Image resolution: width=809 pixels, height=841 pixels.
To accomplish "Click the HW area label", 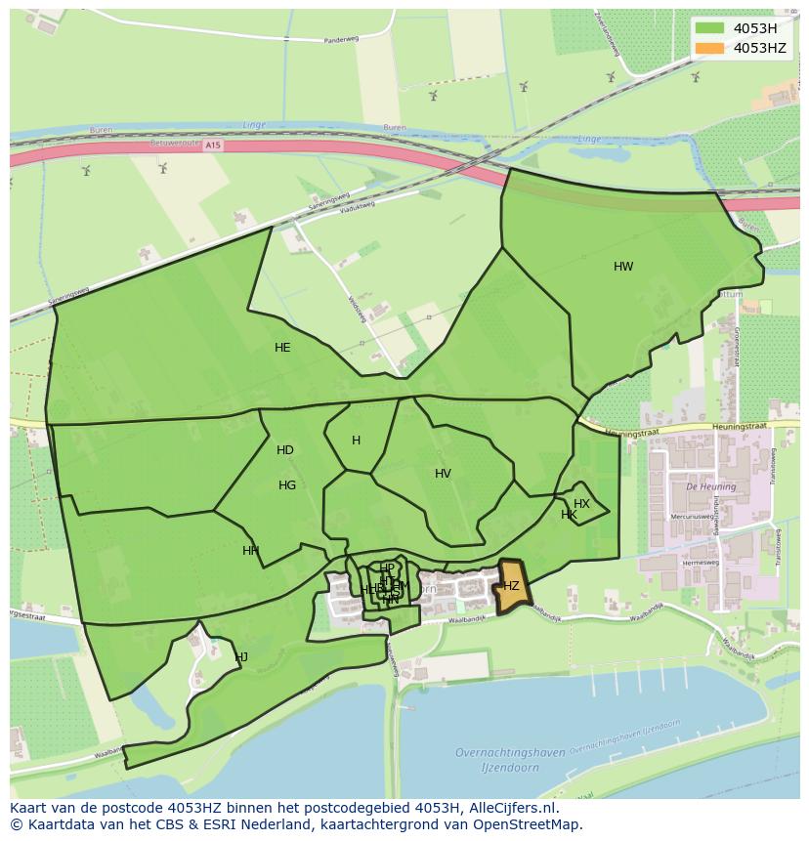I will coord(623,267).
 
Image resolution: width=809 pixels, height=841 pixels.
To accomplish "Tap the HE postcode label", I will coord(282,348).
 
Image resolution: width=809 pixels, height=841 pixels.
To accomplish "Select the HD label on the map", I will coord(285,450).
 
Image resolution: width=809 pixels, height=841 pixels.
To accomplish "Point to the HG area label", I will coord(287,485).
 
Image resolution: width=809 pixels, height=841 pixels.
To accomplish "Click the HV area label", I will coord(443,474).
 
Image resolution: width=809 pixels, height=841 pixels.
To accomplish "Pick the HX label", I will coord(581,504).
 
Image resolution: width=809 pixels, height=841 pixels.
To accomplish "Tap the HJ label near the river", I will coord(241,657).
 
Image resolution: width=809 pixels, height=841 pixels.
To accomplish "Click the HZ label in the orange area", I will coord(511,586).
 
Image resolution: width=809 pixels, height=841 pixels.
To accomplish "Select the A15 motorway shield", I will coord(214,145).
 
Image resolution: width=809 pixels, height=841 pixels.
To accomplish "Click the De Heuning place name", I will coord(703,486).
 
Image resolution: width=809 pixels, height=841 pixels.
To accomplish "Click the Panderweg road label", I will coord(341,41).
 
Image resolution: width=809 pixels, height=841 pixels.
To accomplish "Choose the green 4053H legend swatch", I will coord(710,28).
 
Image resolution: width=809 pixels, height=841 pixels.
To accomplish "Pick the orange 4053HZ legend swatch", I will coord(710,48).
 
